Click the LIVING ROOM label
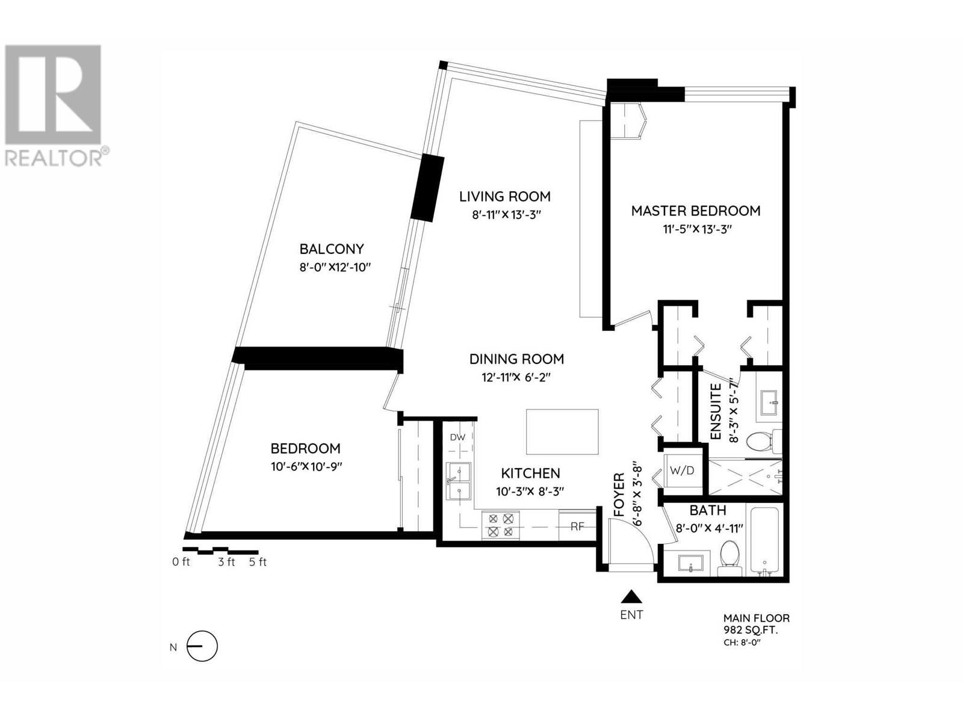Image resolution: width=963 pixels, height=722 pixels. tap(504, 196)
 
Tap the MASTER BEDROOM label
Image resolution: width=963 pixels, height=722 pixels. tap(695, 211)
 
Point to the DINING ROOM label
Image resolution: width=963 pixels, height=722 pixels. tap(516, 359)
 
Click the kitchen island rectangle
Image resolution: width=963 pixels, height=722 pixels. tap(562, 432)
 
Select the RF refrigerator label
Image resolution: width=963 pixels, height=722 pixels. tap(577, 526)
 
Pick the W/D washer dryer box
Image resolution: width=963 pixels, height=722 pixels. tap(682, 471)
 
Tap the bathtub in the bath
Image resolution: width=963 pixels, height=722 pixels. tap(765, 540)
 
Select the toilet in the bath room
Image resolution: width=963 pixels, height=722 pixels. tap(729, 558)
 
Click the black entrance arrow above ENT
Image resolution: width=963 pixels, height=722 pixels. tap(631, 597)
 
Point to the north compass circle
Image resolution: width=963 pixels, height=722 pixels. tap(203, 646)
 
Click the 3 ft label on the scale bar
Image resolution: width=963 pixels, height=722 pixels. tap(226, 562)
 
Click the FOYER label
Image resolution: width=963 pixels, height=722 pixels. tap(619, 494)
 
